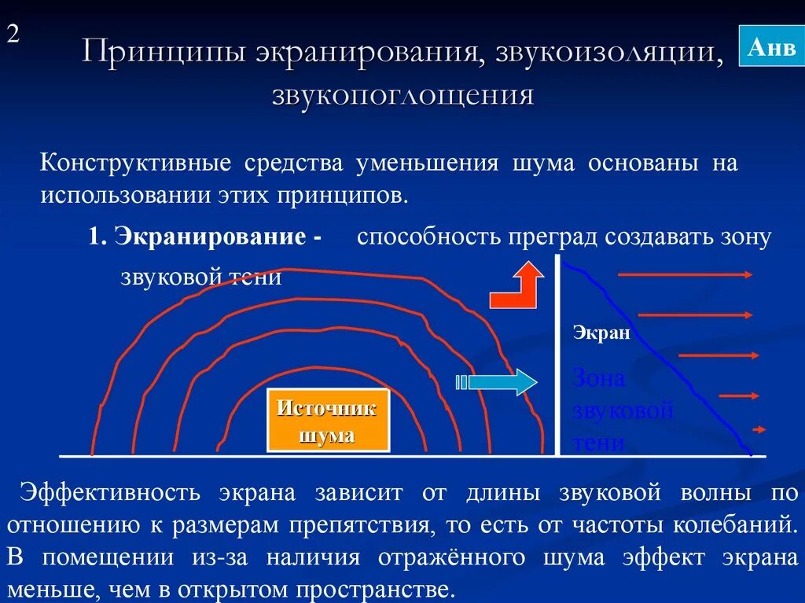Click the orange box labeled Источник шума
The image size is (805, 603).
click(328, 421)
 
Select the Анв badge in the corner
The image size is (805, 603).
click(771, 47)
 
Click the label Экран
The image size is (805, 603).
click(601, 333)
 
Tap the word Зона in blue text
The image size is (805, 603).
click(599, 379)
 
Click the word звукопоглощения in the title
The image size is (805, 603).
click(402, 95)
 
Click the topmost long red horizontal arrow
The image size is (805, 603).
click(686, 274)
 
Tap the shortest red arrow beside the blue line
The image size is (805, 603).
click(759, 429)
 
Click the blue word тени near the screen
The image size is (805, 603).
click(598, 443)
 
